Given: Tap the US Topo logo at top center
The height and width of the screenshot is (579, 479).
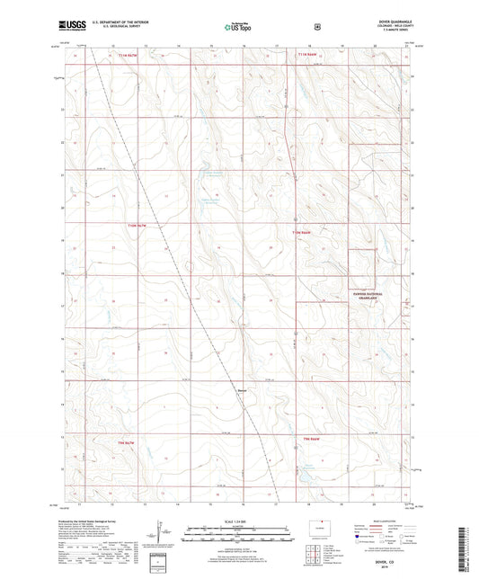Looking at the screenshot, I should (x=238, y=27).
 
